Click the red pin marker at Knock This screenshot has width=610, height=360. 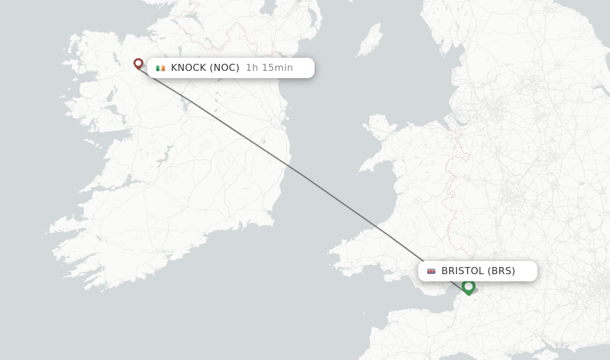pos(138,63)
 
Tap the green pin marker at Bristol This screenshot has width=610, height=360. pos(468,287)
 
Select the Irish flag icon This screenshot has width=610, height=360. pos(160,68)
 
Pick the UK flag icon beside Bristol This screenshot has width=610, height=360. pos(431,271)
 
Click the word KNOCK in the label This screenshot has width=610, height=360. pos(188,68)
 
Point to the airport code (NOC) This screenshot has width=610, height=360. pos(225,68)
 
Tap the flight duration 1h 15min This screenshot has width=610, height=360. pos(269,68)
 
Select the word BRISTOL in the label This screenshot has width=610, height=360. pos(463,271)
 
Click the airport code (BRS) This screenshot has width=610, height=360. pos(501,271)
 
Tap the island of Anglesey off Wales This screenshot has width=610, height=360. pos(379,126)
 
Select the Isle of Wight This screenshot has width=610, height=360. pos(562,345)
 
